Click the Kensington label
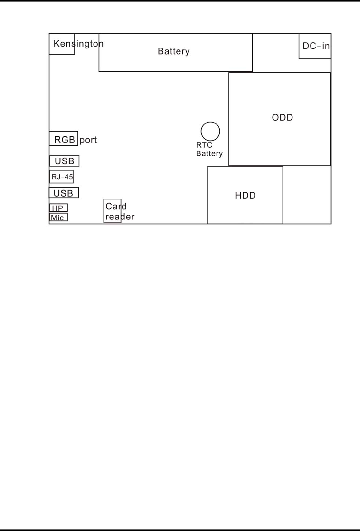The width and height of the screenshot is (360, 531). [x=79, y=44]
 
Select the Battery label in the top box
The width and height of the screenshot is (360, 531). [x=174, y=51]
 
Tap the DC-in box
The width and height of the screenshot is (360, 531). [x=315, y=46]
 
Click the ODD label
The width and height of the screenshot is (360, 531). [x=283, y=117]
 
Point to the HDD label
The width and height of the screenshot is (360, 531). [x=245, y=196]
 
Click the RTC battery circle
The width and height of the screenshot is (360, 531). [x=210, y=132]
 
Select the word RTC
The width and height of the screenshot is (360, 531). [x=204, y=145]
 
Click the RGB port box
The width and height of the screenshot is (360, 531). [x=64, y=139]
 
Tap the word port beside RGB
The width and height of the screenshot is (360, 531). [x=88, y=140]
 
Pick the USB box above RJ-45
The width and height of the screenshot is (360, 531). [x=64, y=161]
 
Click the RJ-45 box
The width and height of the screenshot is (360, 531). [x=62, y=177]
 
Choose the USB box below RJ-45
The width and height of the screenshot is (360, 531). [x=64, y=193]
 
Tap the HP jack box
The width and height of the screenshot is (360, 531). [x=58, y=208]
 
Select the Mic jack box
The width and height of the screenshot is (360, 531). [x=58, y=218]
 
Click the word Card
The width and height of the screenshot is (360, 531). [x=116, y=206]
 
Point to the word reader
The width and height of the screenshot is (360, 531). [x=120, y=217]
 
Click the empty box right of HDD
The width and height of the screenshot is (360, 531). [x=307, y=195]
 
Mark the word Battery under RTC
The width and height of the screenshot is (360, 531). [x=209, y=154]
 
